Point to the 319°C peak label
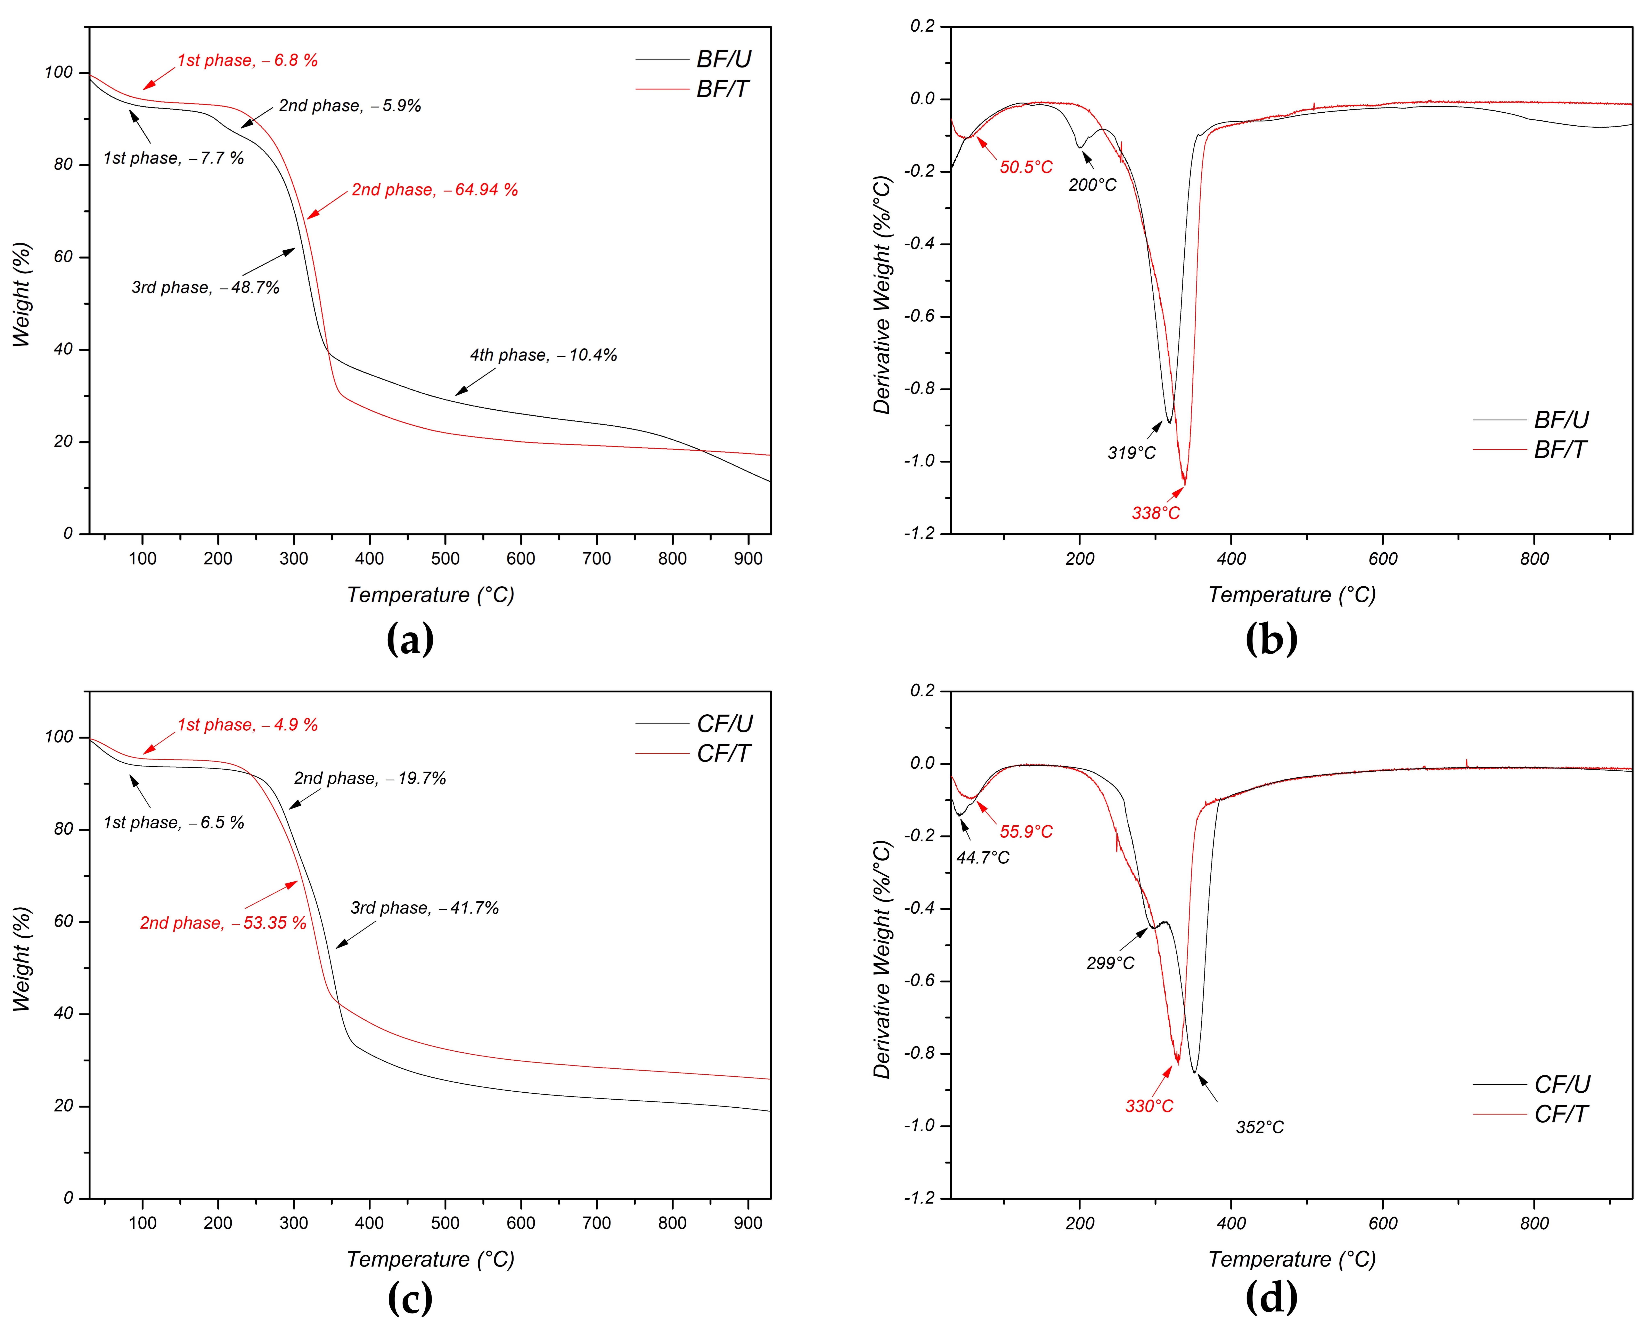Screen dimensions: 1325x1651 click(1131, 453)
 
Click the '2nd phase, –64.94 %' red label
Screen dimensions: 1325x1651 click(434, 190)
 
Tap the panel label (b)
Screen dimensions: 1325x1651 click(1271, 639)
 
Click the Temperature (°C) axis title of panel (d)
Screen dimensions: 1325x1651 click(1292, 1259)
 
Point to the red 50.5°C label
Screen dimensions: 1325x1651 click(1026, 167)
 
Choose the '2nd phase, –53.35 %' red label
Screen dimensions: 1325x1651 click(223, 923)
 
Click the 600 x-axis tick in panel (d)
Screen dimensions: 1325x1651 click(1383, 1223)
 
